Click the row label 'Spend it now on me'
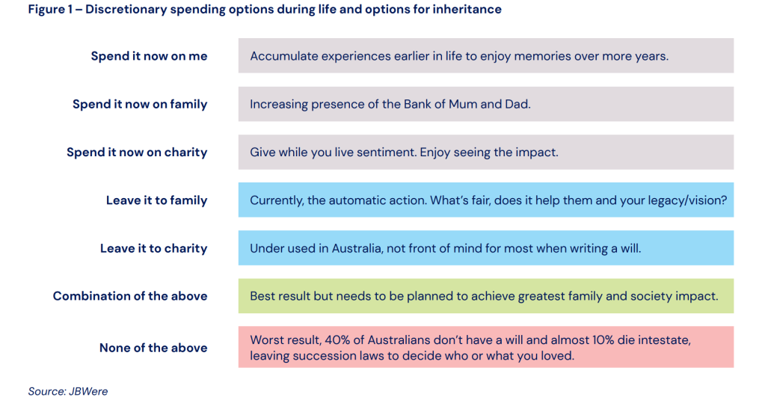pyautogui.click(x=149, y=56)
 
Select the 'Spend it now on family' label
pyautogui.click(x=140, y=104)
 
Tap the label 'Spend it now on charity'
pyautogui.click(x=137, y=153)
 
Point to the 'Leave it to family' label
pyautogui.click(x=156, y=200)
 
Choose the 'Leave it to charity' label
pyautogui.click(x=154, y=248)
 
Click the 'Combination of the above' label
pyautogui.click(x=130, y=296)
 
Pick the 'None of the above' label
pyautogui.click(x=153, y=348)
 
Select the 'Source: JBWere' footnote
pyautogui.click(x=68, y=391)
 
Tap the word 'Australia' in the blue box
pyautogui.click(x=356, y=248)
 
